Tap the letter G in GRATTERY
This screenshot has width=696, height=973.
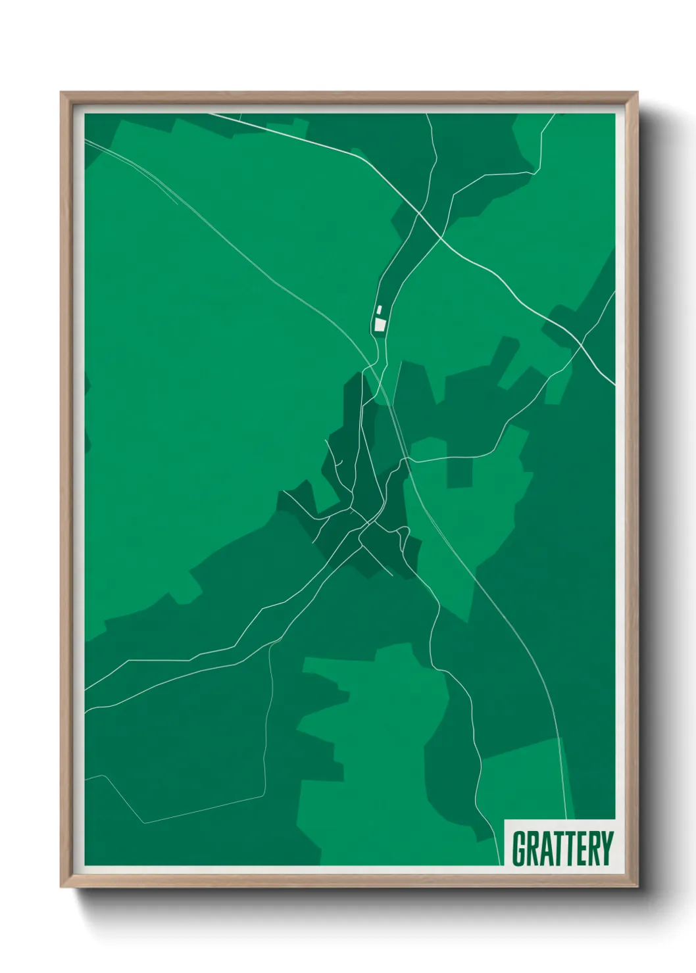click(519, 848)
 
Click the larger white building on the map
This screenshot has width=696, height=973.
click(380, 324)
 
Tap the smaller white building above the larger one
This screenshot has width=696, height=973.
click(379, 310)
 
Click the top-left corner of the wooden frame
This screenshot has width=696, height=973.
click(62, 93)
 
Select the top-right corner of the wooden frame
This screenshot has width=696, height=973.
click(636, 93)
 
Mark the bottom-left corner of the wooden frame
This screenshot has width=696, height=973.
click(62, 886)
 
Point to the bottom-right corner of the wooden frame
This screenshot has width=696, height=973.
click(636, 886)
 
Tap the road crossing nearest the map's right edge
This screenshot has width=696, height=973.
click(582, 343)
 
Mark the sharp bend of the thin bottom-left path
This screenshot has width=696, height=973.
click(144, 822)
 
